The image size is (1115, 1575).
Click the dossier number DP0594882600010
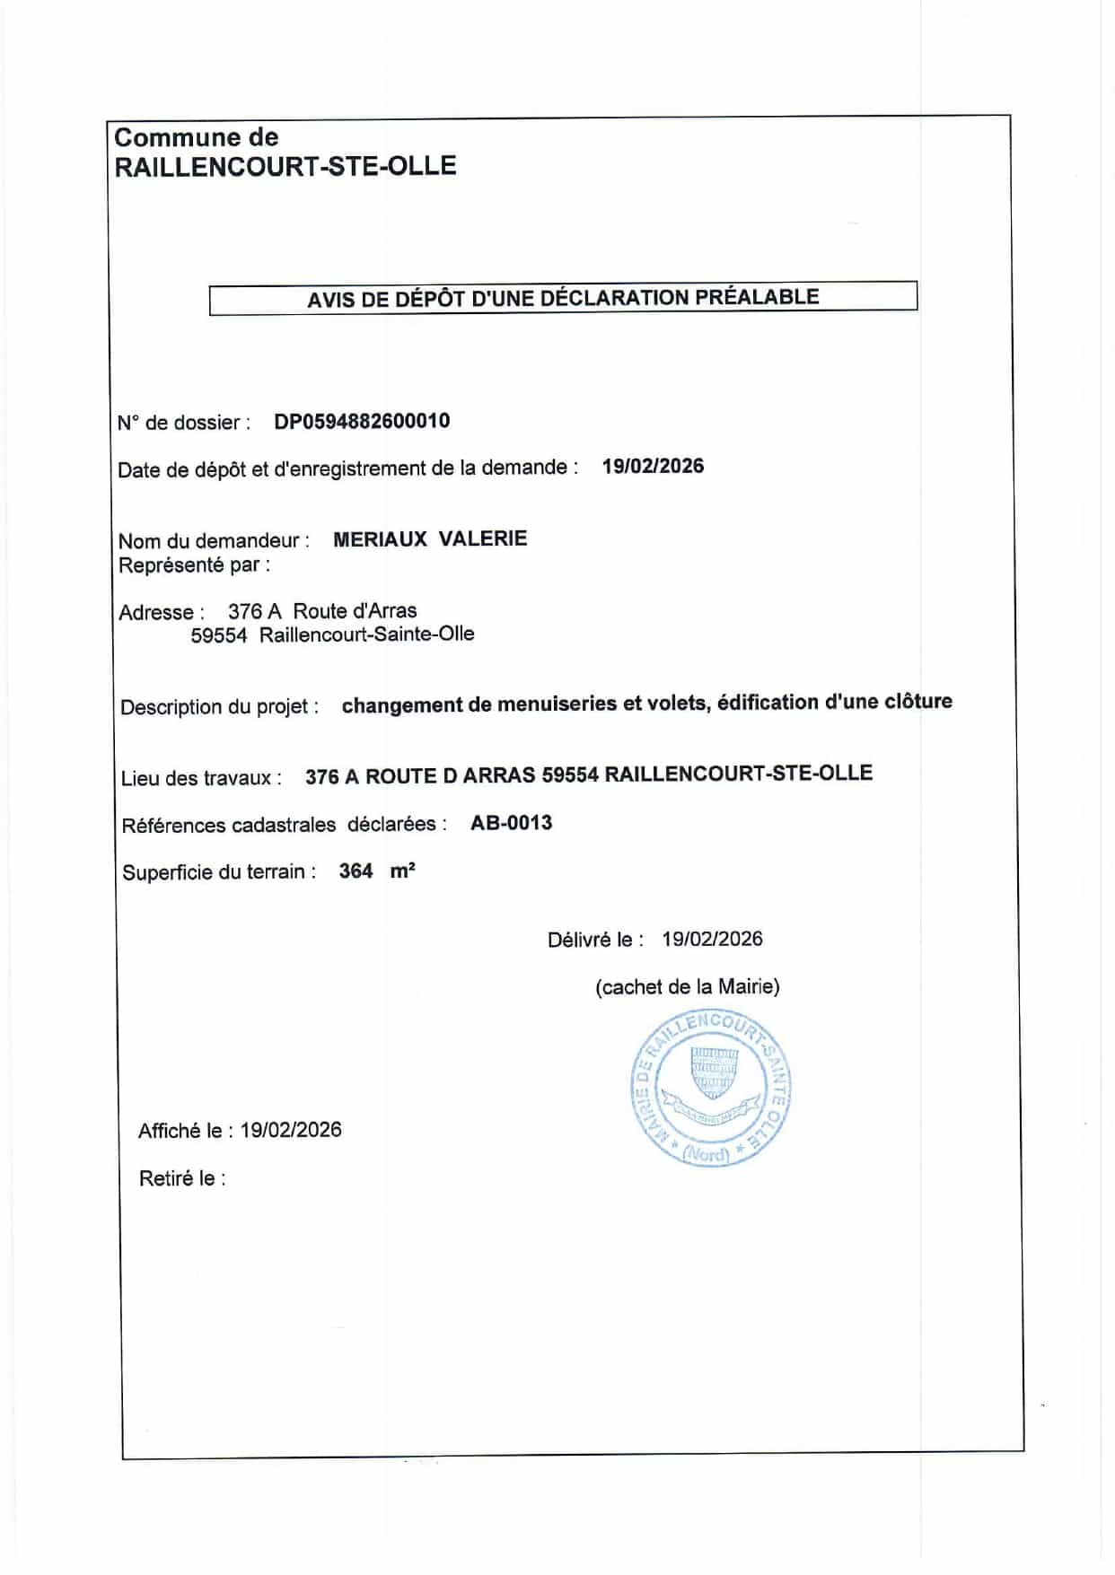point(362,421)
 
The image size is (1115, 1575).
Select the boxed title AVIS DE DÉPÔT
point(563,298)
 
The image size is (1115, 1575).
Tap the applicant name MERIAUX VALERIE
point(430,538)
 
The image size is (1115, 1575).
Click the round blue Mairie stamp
point(710,1089)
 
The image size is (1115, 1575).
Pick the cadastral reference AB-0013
point(511,823)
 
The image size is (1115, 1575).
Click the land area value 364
point(356,871)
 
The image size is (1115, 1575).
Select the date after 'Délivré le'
point(712,939)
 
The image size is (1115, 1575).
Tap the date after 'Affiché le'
point(291,1130)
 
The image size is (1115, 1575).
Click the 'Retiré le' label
point(182,1178)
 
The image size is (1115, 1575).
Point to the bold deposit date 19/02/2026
point(653,466)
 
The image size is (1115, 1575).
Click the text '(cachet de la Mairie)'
point(687,987)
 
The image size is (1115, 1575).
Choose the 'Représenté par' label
point(194,565)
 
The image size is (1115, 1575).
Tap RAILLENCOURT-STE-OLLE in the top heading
point(285,166)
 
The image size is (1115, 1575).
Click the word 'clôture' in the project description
point(917,701)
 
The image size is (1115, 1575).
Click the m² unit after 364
point(402,871)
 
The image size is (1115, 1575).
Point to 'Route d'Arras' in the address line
point(355,611)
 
